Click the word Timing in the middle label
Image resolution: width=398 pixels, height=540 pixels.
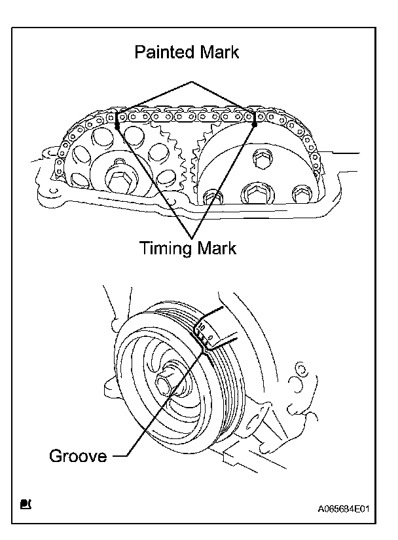pyautogui.click(x=164, y=249)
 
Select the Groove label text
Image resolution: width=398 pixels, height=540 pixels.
pyautogui.click(x=78, y=455)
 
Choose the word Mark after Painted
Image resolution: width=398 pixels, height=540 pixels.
pyautogui.click(x=217, y=52)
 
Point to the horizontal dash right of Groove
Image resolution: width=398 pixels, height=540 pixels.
pyautogui.click(x=119, y=454)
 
